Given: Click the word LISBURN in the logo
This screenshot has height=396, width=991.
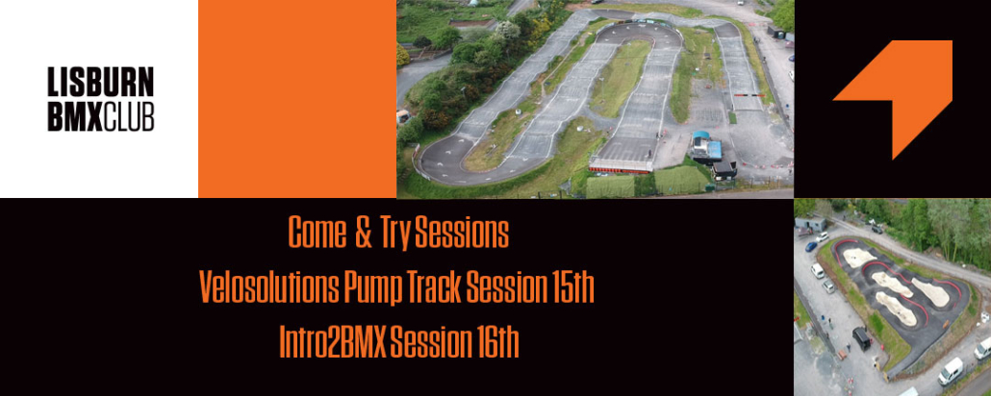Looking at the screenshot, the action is tap(100, 82).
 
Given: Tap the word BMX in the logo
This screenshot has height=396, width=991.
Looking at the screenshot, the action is tap(75, 116).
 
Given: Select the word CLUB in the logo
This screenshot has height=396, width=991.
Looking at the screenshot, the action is tap(128, 116).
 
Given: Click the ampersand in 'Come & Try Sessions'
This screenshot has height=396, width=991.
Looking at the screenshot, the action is tap(363, 233).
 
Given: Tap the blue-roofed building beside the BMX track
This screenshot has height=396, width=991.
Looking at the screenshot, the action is tap(706, 146).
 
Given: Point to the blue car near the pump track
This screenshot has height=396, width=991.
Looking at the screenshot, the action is tap(811, 246).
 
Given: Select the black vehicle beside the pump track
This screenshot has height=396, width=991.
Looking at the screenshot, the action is tap(861, 338).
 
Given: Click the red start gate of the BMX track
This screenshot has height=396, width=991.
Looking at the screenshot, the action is tap(621, 165).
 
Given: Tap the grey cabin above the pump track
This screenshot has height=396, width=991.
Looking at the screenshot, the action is tap(810, 223).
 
